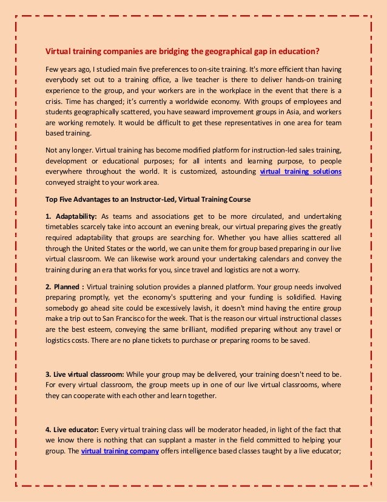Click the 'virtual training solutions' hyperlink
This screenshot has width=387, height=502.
coord(300,172)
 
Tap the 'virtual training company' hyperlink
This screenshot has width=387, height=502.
coord(120,451)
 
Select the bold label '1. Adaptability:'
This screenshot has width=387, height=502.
coord(71,216)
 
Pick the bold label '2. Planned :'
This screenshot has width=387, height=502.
coord(66,286)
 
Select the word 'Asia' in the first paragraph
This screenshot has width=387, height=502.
coord(270,112)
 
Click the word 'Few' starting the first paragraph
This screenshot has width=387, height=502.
coord(52,68)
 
